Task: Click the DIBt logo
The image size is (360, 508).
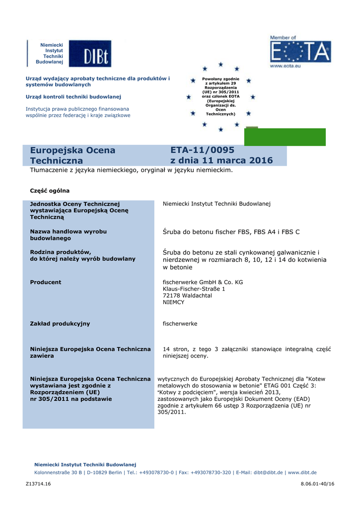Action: (x=90, y=54)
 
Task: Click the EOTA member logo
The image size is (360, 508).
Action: (x=300, y=52)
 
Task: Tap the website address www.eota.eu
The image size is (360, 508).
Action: (x=285, y=65)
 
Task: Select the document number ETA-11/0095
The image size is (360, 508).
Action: (x=202, y=150)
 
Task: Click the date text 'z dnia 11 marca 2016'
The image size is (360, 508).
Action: (x=221, y=160)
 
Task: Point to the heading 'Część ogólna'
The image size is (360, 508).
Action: (x=50, y=190)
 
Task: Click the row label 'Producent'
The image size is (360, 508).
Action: (x=46, y=282)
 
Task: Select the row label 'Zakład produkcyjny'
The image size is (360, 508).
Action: (x=60, y=323)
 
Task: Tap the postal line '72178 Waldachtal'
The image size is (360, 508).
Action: (x=187, y=295)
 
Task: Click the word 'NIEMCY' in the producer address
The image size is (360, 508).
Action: (x=173, y=302)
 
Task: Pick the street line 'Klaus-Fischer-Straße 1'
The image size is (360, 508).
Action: (x=194, y=289)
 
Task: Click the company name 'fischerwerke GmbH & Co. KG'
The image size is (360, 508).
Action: (x=203, y=282)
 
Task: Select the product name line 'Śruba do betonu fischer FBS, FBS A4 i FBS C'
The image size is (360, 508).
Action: (x=231, y=232)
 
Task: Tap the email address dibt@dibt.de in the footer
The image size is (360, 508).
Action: (x=268, y=473)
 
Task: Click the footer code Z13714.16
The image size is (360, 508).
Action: (x=38, y=484)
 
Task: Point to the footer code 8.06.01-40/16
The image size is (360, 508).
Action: (x=318, y=484)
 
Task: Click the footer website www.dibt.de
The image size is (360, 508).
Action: (x=302, y=473)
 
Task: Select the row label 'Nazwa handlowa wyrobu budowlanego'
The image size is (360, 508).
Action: (x=69, y=235)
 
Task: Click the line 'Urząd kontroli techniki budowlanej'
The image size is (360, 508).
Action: (x=73, y=97)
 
